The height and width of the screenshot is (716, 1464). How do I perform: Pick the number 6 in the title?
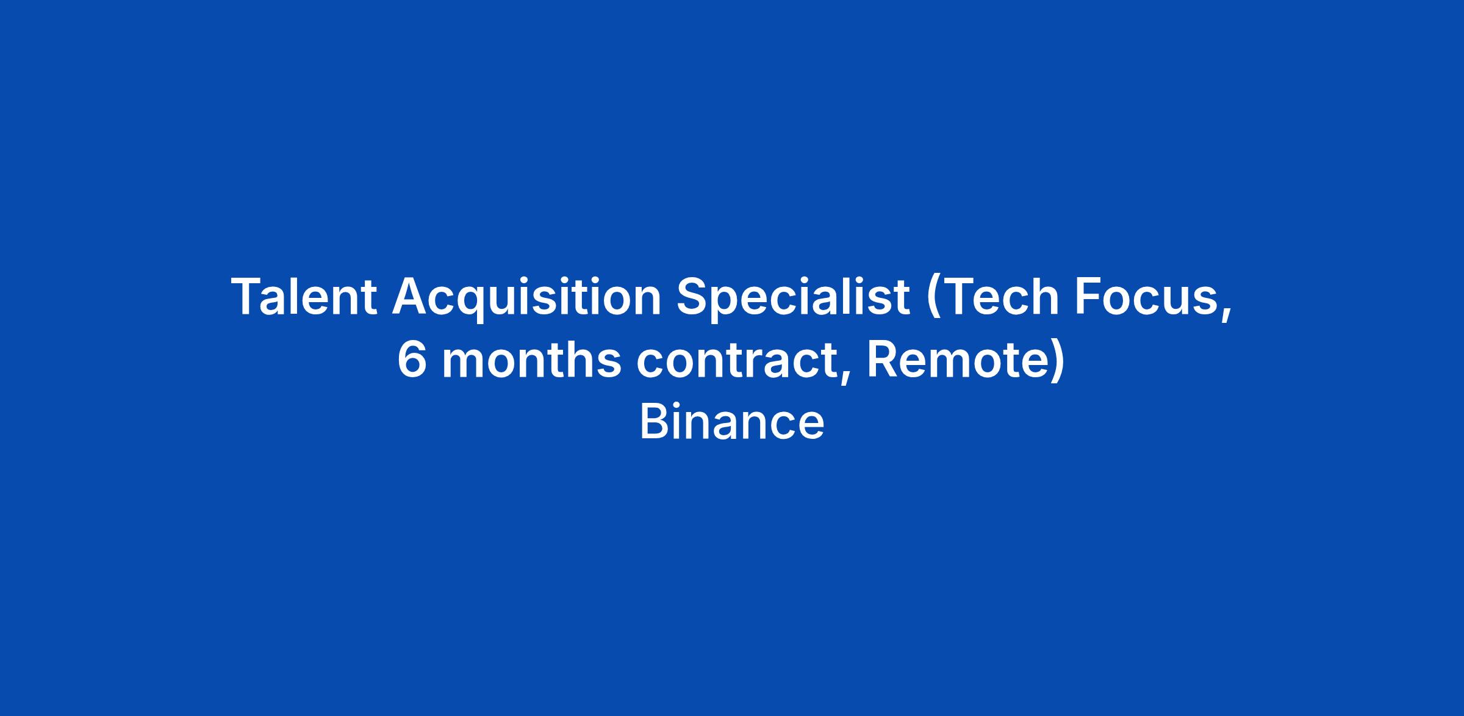point(412,360)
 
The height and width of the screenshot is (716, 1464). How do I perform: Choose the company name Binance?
point(732,422)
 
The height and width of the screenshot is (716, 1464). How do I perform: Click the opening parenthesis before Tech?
point(934,299)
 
